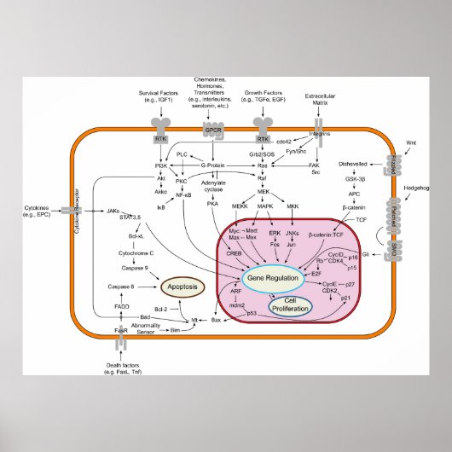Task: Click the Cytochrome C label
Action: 134,253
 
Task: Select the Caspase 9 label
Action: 135,268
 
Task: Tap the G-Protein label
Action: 217,165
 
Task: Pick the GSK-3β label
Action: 354,181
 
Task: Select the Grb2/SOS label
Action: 262,154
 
